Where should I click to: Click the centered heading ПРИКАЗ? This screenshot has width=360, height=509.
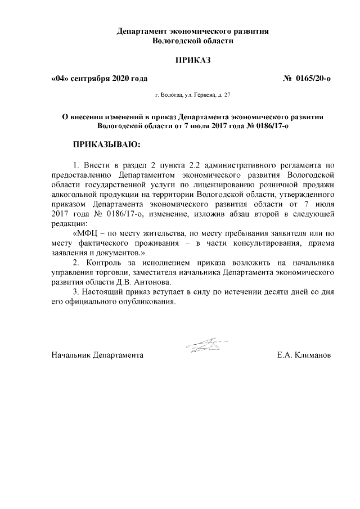click(x=192, y=60)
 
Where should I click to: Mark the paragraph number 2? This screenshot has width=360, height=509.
click(x=76, y=263)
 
